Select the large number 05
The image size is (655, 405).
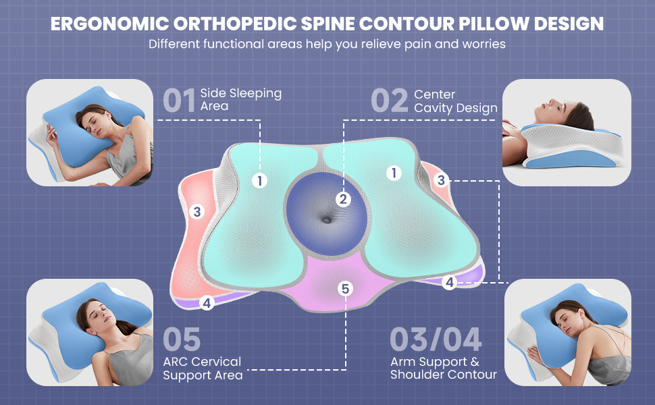tap(182, 340)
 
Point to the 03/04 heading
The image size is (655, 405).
tap(436, 340)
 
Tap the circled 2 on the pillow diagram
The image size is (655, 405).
tap(343, 199)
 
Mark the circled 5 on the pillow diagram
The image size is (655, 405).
tap(346, 289)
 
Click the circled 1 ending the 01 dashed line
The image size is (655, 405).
tap(259, 180)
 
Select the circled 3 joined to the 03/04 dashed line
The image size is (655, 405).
tap(441, 180)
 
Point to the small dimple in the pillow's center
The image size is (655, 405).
tap(327, 219)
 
